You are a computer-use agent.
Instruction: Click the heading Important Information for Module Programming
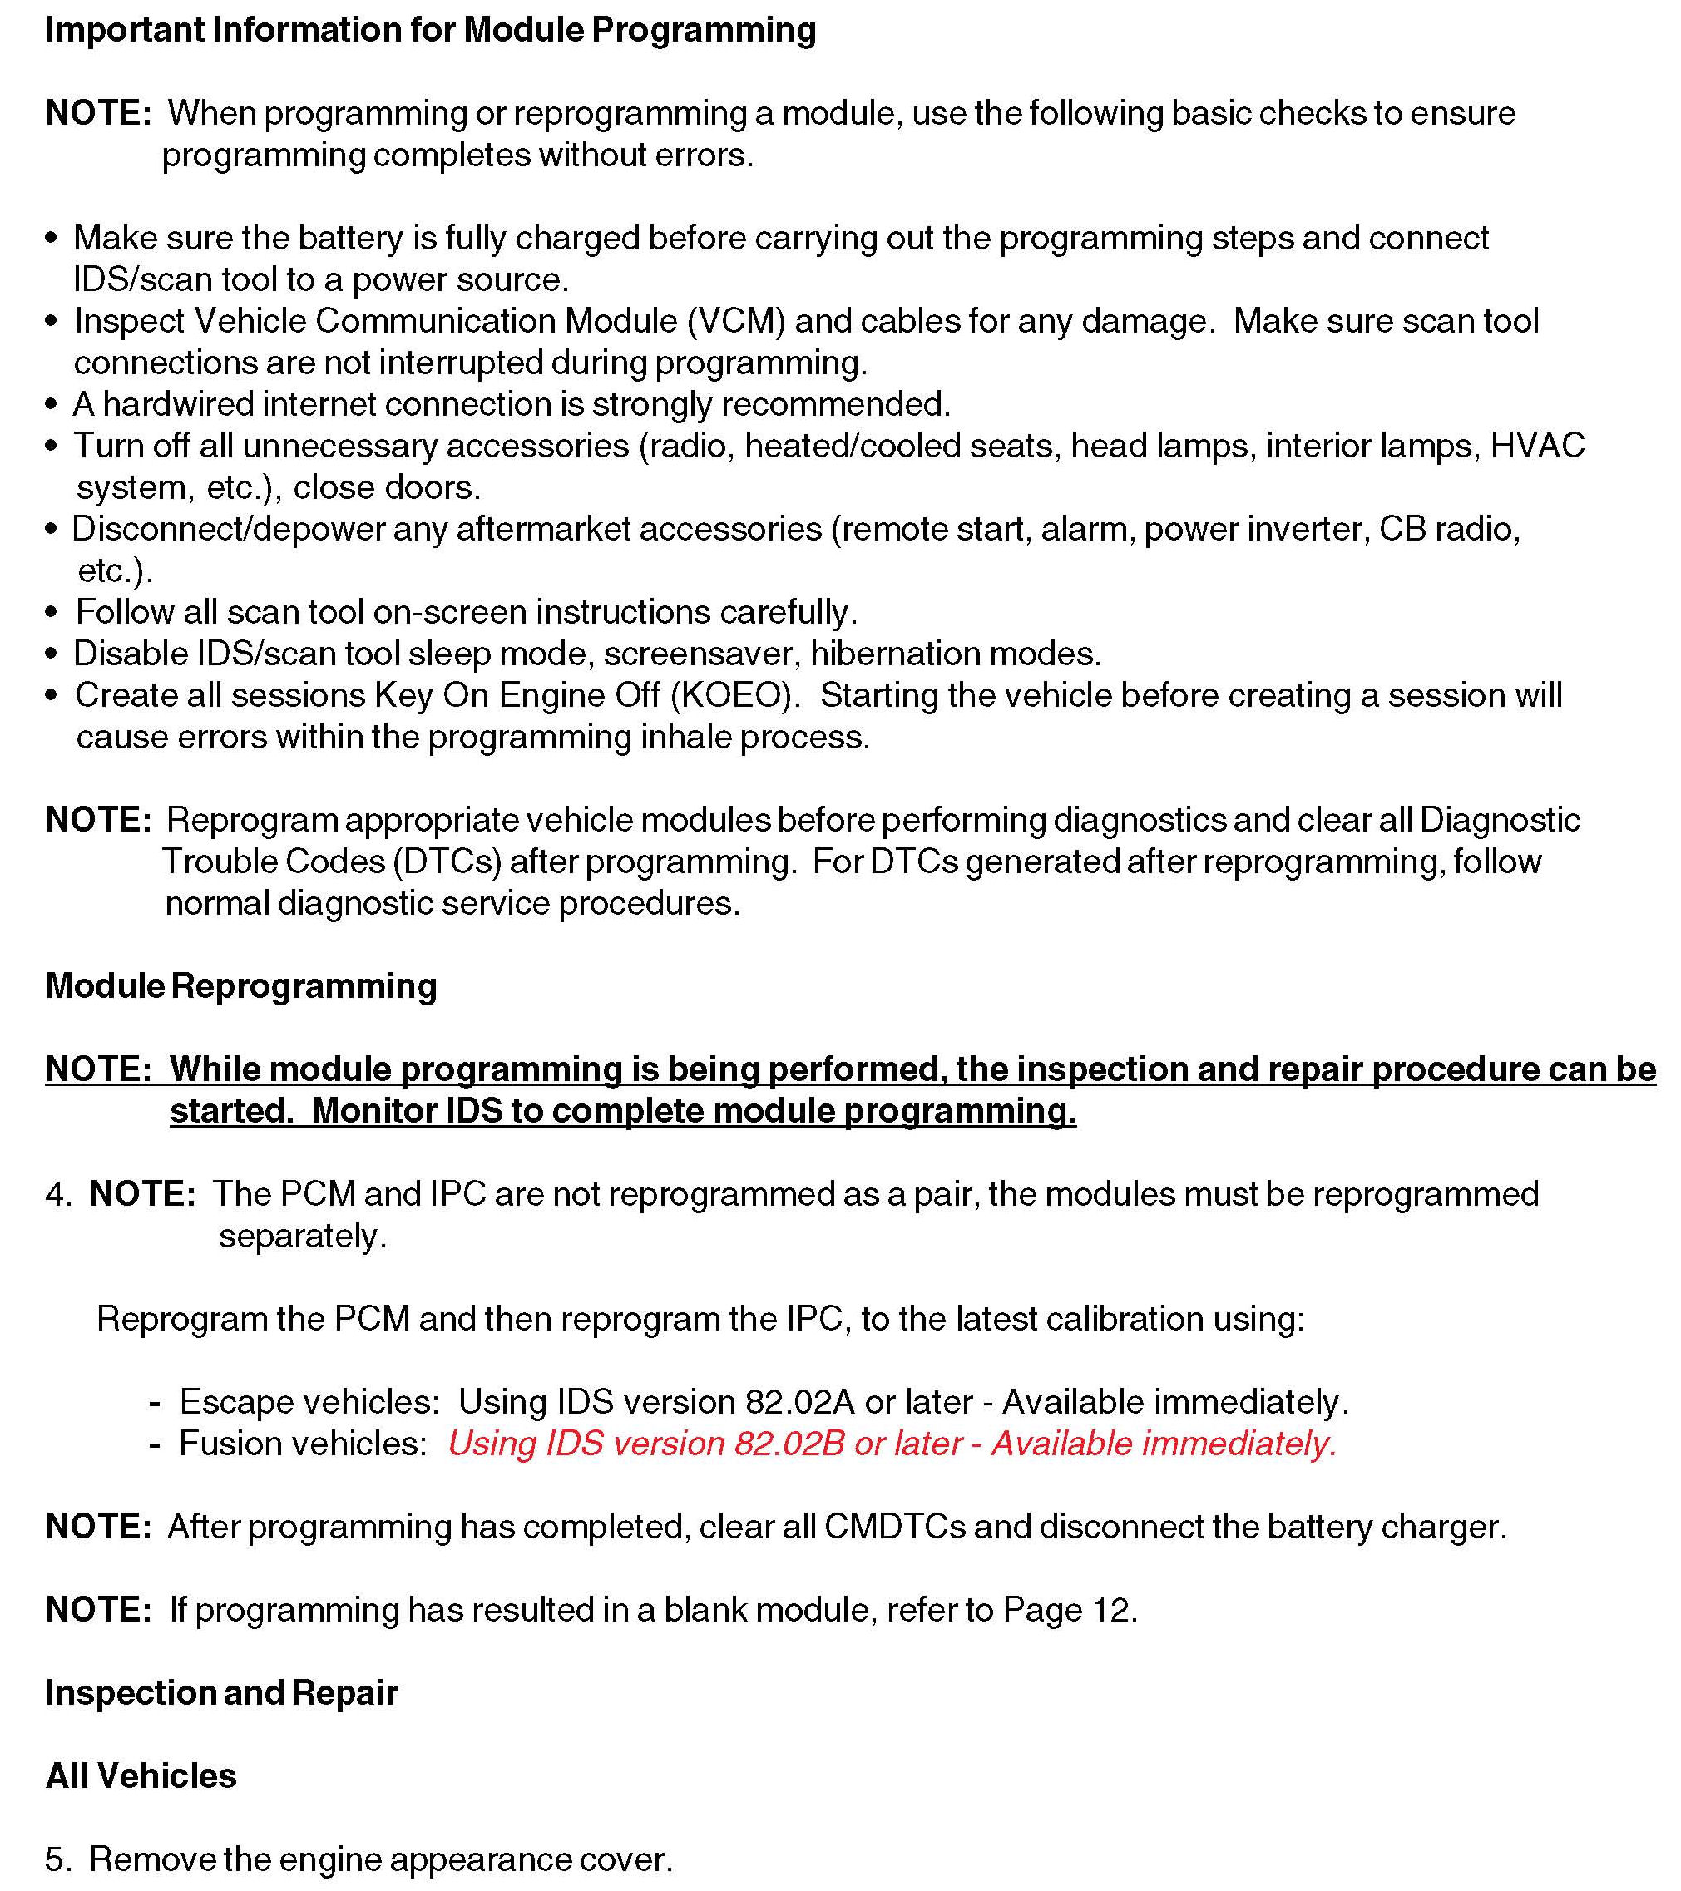(430, 31)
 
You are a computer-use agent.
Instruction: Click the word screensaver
(701, 654)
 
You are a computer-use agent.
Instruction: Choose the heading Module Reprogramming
(240, 986)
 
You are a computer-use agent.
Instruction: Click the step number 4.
(57, 1194)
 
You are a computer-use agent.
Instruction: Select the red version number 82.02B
(789, 1444)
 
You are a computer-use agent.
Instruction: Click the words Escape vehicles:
(309, 1403)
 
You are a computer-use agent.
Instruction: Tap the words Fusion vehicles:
(303, 1444)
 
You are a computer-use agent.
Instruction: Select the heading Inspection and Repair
(221, 1693)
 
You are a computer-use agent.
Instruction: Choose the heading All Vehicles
(141, 1776)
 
